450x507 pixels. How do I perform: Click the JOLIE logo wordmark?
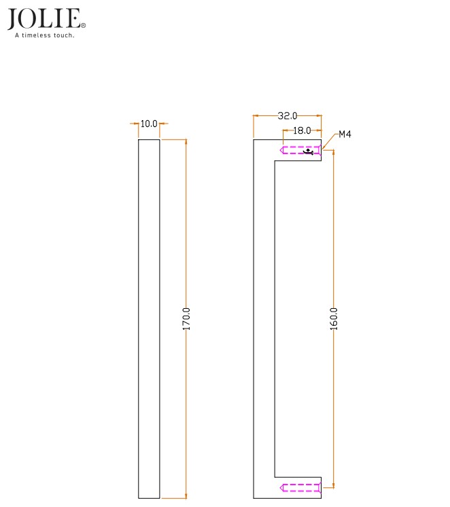point(45,19)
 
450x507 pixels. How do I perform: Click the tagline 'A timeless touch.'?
point(45,35)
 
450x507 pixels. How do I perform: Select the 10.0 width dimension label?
point(149,124)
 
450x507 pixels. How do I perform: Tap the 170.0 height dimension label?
point(187,318)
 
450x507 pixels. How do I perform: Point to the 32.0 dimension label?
point(287,116)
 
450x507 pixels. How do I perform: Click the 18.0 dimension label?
point(301,130)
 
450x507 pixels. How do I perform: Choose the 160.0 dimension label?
point(333,318)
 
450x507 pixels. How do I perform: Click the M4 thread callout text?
point(345,135)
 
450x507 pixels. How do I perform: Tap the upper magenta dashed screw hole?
point(300,150)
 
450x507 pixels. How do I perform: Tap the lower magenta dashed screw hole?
point(300,487)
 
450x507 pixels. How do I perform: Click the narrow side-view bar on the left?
point(149,318)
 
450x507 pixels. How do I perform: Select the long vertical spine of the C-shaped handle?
point(264,318)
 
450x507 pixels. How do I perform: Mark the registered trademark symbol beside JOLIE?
point(83,26)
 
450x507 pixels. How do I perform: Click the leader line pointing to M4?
point(330,139)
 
